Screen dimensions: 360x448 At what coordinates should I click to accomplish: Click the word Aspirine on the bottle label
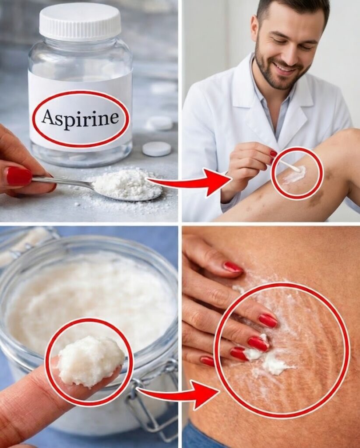point(80,118)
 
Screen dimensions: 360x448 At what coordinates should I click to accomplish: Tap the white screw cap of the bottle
point(80,21)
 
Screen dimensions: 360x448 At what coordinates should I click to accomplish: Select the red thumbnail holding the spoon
point(19,176)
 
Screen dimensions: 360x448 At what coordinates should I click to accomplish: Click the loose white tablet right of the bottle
point(157,149)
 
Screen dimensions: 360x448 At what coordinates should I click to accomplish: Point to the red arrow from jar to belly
point(177,394)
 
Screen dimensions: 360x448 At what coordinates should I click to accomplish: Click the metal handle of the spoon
point(63,182)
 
